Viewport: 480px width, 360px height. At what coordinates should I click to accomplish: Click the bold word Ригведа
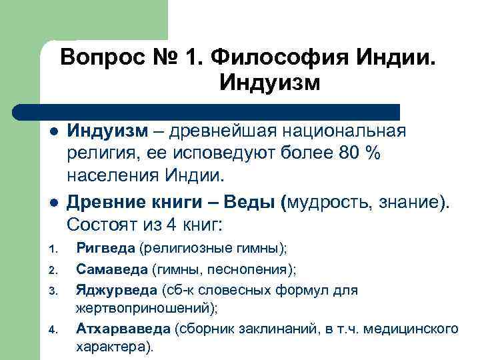[x=105, y=249]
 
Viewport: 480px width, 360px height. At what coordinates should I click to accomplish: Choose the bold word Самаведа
[x=111, y=269]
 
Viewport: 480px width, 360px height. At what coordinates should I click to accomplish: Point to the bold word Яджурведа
[x=116, y=289]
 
